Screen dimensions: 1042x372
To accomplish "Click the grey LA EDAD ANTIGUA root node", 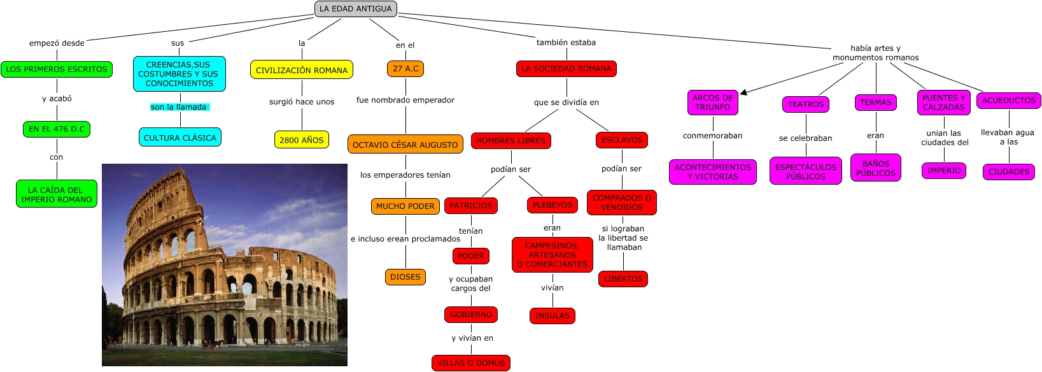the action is [355, 9].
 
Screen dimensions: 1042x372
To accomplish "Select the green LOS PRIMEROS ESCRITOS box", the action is [56, 69].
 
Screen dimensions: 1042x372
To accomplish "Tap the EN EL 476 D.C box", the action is [57, 129].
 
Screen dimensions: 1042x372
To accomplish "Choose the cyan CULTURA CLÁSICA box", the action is [180, 138].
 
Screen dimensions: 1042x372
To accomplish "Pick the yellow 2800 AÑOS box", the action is [302, 139].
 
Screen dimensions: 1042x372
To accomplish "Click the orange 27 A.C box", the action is [405, 68].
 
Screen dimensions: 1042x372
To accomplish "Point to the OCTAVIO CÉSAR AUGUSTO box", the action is [405, 145].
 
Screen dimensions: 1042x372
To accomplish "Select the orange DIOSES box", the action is [405, 276].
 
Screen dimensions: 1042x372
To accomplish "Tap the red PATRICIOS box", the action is [471, 205].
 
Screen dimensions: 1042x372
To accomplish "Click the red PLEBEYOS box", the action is [553, 205].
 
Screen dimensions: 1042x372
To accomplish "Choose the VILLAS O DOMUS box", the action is [471, 362].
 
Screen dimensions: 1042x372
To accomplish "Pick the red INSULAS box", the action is [552, 316].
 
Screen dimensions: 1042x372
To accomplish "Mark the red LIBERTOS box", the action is [623, 279].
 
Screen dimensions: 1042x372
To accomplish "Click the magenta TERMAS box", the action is [875, 103].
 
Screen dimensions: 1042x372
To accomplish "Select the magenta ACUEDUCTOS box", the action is [1008, 101].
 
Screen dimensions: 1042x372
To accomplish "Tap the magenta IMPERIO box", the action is [944, 171].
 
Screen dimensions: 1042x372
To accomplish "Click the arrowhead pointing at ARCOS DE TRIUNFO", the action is [743, 92].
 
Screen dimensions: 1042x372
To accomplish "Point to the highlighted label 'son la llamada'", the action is [180, 107].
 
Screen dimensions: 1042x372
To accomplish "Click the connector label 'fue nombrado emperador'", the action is [405, 100].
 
